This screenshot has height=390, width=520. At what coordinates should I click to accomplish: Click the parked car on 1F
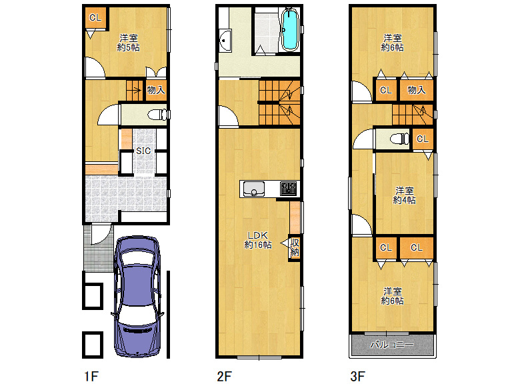click(137, 297)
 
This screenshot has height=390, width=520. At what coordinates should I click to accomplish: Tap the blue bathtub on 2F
click(290, 29)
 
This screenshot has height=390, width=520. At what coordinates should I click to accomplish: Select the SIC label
click(143, 151)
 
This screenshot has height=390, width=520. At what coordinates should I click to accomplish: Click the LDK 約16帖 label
click(258, 240)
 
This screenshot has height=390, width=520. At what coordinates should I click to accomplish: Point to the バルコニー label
click(392, 345)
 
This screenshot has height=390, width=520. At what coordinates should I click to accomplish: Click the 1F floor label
click(91, 377)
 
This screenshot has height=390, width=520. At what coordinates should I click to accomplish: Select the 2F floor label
click(225, 377)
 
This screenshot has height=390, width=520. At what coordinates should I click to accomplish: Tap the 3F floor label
click(358, 377)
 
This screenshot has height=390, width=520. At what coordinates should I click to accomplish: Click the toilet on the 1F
click(157, 115)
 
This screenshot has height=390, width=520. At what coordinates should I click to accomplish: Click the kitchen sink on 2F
click(254, 189)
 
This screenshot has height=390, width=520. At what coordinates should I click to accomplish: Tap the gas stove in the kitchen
click(288, 189)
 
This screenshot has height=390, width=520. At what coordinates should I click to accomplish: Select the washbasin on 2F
click(225, 41)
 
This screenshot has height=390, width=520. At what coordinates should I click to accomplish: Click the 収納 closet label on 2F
click(295, 247)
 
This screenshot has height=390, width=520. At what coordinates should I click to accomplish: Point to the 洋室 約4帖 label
click(404, 195)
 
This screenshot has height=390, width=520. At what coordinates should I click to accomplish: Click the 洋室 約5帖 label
click(129, 43)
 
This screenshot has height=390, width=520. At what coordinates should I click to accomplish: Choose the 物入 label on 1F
click(156, 90)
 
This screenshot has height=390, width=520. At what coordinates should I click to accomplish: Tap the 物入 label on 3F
click(416, 90)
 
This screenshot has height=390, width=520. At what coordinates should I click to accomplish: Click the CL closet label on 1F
click(95, 17)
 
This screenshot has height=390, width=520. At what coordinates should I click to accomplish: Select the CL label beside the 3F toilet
click(423, 139)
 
